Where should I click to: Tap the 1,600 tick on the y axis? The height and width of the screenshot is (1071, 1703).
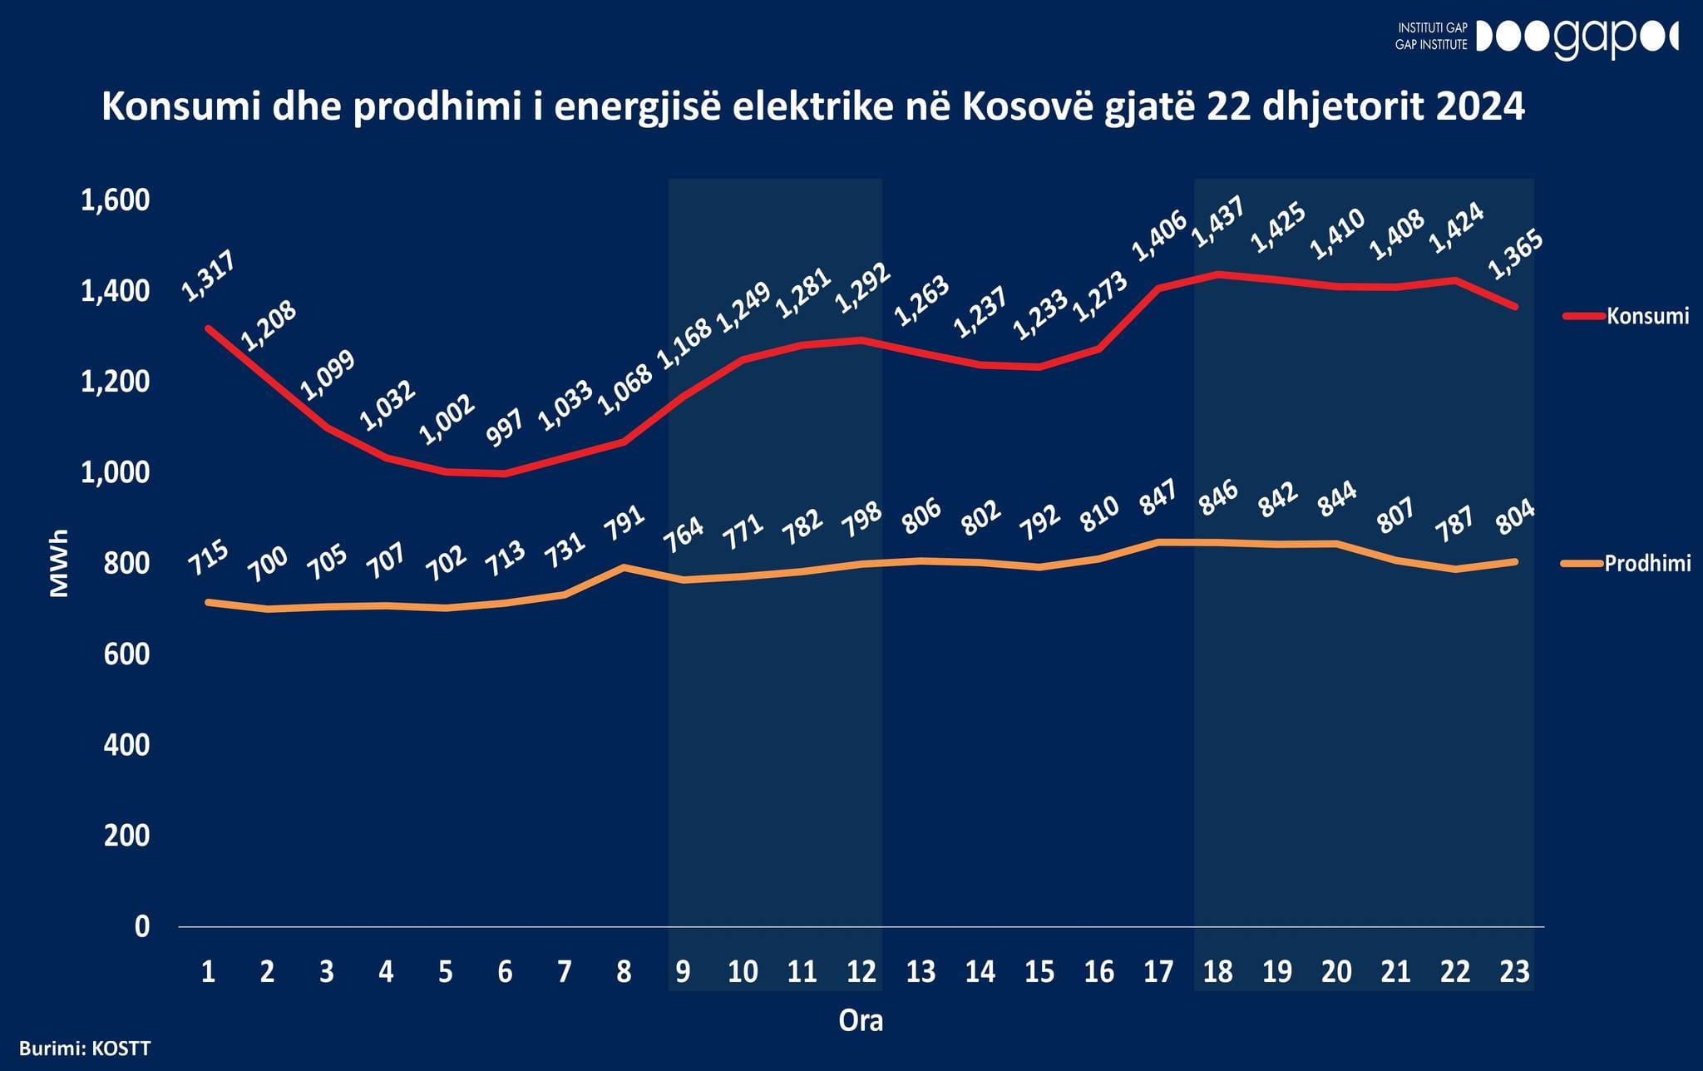click(115, 200)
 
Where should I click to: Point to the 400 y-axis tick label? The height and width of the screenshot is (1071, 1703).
click(126, 745)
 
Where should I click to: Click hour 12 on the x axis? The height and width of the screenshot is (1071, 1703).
click(861, 971)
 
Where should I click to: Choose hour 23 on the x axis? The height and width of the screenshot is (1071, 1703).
click(1514, 971)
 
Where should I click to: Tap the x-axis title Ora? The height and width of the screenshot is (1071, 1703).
click(861, 1020)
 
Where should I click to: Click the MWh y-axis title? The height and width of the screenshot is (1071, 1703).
click(58, 563)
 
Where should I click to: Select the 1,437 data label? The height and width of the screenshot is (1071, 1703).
click(1217, 222)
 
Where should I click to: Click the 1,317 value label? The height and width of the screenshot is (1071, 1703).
click(209, 275)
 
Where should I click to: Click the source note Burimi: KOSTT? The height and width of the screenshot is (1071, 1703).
click(85, 1047)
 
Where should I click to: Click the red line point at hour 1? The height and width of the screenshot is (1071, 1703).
click(209, 328)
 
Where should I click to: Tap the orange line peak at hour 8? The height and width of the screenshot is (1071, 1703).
click(624, 567)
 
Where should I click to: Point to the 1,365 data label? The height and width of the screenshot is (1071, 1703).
click(1515, 254)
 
